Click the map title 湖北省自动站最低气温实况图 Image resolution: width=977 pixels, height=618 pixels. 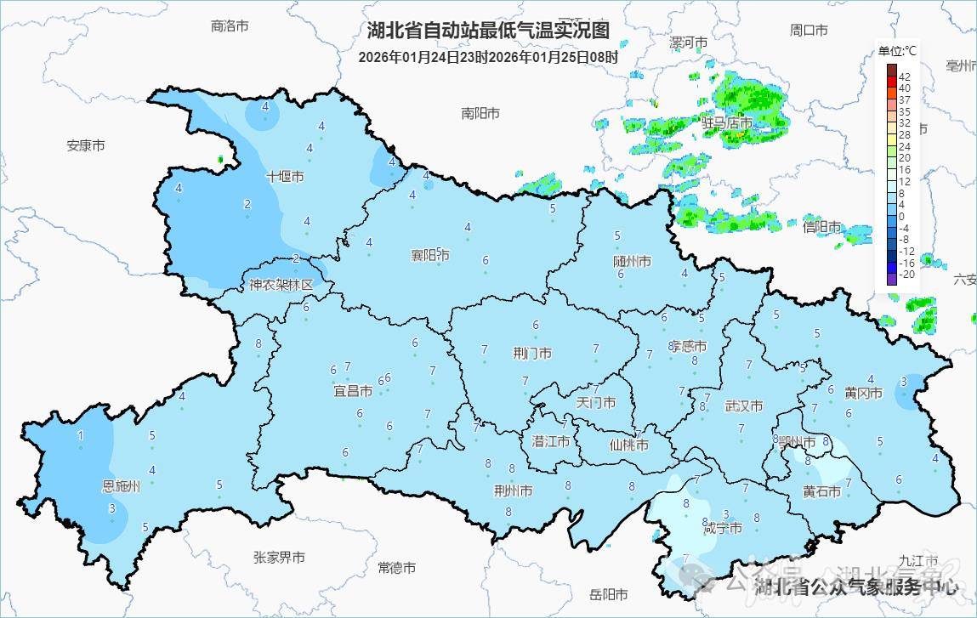click(x=488, y=31)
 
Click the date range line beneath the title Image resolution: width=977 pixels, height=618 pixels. click(x=488, y=57)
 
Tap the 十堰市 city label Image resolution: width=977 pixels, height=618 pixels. click(x=285, y=177)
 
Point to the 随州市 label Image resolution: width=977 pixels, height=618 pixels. click(x=632, y=261)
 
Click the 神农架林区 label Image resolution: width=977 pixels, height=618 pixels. click(x=281, y=285)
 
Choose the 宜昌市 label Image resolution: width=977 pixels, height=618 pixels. click(x=353, y=391)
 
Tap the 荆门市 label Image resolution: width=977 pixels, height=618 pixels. click(x=533, y=353)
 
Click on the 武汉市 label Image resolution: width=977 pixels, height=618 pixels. click(x=743, y=406)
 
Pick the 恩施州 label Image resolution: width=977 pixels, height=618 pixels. click(x=122, y=487)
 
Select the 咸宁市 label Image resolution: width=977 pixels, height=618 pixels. click(x=723, y=529)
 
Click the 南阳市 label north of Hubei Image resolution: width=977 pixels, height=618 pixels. click(x=480, y=113)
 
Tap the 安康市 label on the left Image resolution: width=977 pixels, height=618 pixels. click(x=86, y=145)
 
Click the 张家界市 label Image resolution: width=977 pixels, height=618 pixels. click(x=279, y=558)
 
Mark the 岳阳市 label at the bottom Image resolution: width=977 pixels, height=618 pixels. click(x=609, y=594)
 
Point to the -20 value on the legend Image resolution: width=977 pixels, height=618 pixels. click(x=906, y=275)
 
